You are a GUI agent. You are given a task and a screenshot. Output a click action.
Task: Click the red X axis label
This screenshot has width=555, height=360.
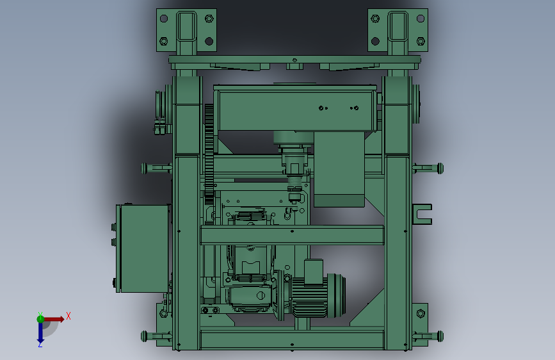tap(68, 316)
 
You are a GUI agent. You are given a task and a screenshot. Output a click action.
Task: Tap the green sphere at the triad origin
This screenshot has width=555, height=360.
tap(40, 319)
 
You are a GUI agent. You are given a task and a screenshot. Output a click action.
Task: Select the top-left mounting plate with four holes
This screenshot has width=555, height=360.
tap(186, 30)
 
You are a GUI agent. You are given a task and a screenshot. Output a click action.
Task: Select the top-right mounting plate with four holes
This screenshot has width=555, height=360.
tap(398, 30)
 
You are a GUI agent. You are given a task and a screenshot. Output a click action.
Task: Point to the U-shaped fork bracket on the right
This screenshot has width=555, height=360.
tap(422, 214)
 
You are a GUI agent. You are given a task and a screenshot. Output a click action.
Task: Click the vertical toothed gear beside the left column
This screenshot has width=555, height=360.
tap(209, 155)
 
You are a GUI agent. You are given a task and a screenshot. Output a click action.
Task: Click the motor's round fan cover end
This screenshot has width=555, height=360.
tap(336, 295)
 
